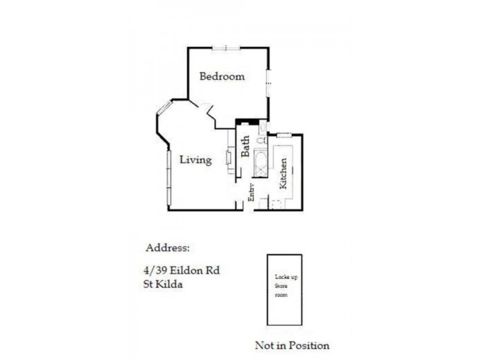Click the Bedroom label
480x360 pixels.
[222, 77]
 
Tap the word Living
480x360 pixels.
[196, 160]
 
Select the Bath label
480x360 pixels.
[245, 146]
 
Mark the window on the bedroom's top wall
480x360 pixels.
[226, 48]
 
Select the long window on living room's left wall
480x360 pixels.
[169, 178]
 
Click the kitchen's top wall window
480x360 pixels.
[284, 135]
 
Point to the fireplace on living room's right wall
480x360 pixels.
[229, 157]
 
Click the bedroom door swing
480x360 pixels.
[209, 112]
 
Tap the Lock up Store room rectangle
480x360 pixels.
[284, 290]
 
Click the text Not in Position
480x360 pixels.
[292, 346]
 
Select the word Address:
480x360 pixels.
[167, 248]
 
